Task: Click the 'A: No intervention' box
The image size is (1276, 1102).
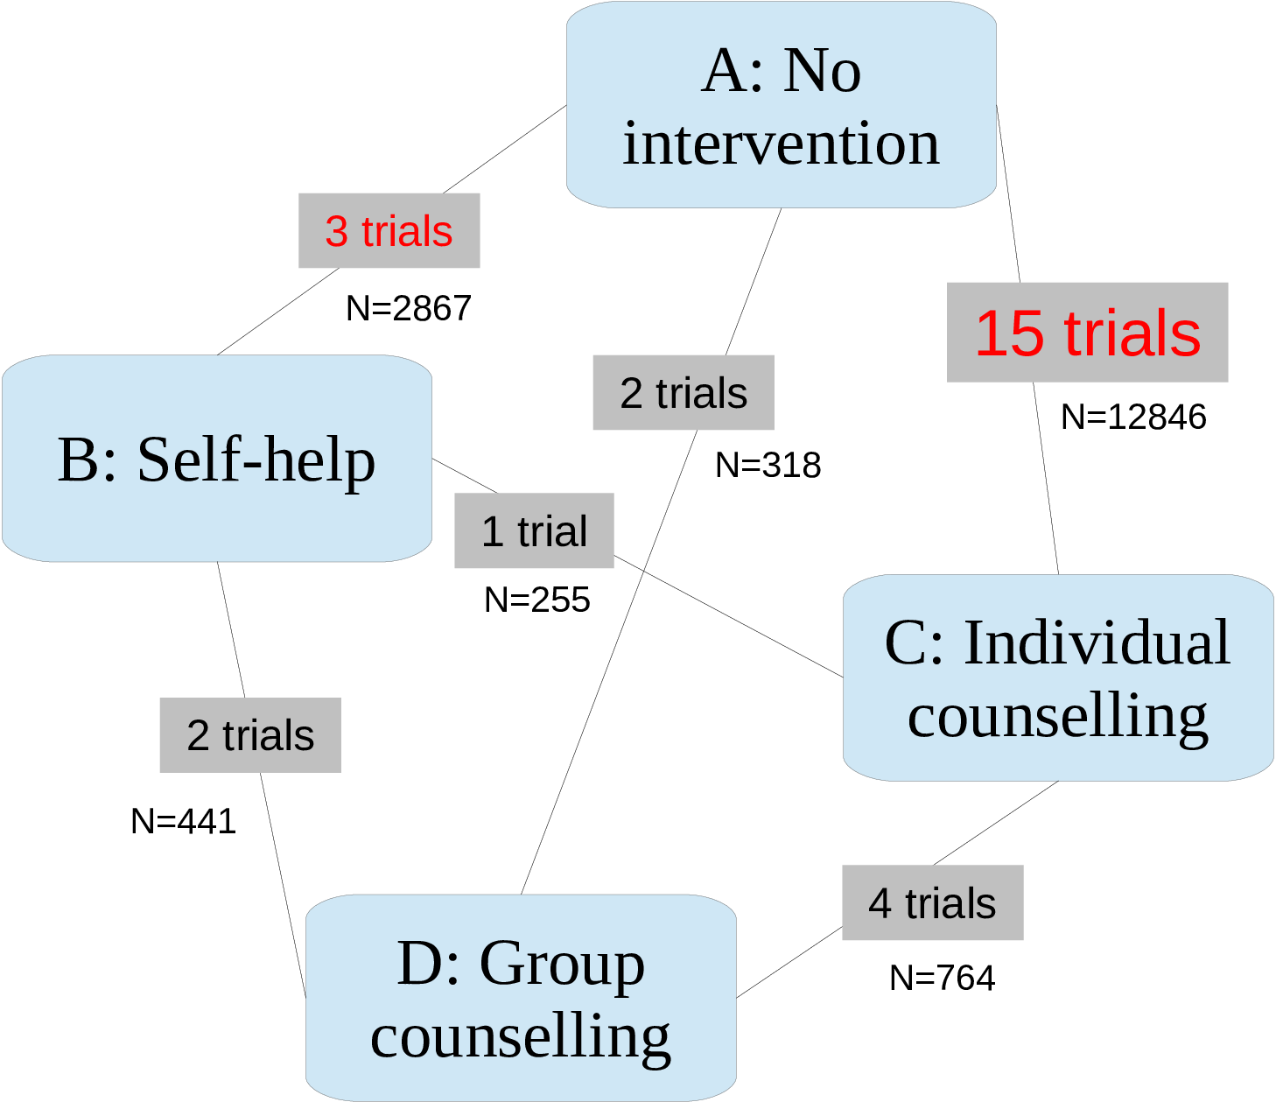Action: click(x=781, y=105)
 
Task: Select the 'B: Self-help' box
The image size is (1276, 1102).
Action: click(x=216, y=458)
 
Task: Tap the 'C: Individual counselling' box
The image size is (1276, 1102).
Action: click(x=1057, y=677)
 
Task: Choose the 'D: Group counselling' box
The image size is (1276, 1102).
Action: click(x=521, y=998)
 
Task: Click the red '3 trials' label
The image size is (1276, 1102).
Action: click(x=389, y=231)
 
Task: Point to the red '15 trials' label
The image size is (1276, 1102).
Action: click(x=1087, y=333)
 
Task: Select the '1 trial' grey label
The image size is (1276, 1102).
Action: click(x=534, y=531)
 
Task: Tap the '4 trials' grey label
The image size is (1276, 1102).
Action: click(x=932, y=902)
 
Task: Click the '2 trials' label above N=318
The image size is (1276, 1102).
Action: click(x=684, y=393)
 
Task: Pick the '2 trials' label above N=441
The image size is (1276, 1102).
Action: click(x=250, y=735)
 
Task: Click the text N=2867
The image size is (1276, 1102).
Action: click(x=409, y=308)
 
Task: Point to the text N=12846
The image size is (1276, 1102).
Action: click(x=1133, y=417)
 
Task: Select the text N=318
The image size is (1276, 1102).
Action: click(x=768, y=465)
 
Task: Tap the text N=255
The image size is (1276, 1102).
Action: click(x=536, y=600)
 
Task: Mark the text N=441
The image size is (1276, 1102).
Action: click(x=183, y=821)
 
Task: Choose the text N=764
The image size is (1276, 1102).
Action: click(x=942, y=978)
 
